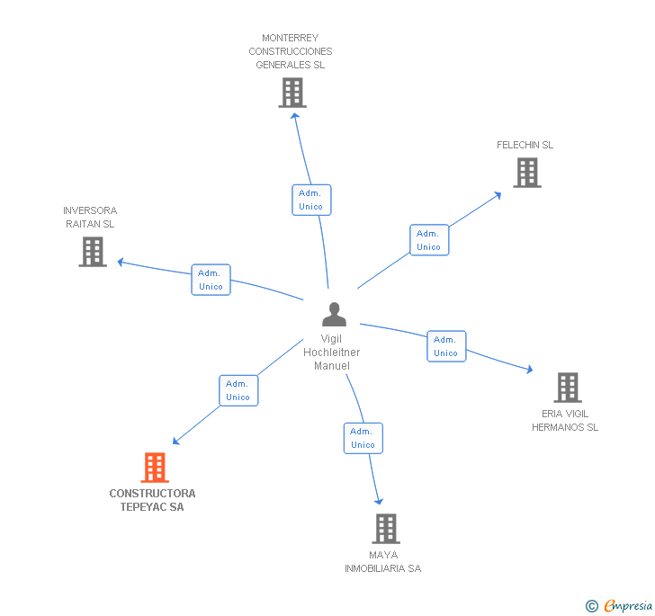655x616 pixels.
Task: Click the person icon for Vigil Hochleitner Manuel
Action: click(x=334, y=315)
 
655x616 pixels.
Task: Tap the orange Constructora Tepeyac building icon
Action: click(x=155, y=468)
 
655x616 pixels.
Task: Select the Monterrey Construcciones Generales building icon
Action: click(x=292, y=93)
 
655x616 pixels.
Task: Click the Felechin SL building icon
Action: click(x=527, y=173)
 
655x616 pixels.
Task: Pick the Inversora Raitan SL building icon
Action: click(x=93, y=252)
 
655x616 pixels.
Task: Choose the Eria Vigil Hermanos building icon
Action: click(x=567, y=388)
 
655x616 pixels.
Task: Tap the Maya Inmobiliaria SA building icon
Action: click(x=385, y=529)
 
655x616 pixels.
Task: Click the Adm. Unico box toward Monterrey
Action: click(x=311, y=200)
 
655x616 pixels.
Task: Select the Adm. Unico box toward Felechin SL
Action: click(x=429, y=240)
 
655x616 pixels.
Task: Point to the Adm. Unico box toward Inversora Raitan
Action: click(x=211, y=280)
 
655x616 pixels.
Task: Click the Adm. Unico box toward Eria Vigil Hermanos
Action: click(x=446, y=346)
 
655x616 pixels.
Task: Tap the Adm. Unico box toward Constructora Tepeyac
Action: click(x=238, y=390)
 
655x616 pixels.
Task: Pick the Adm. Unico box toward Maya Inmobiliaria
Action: click(x=363, y=438)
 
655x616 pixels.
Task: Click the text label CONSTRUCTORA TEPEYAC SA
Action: click(x=152, y=500)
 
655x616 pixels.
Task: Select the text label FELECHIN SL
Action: click(x=525, y=145)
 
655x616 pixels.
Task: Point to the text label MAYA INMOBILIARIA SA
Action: click(x=383, y=561)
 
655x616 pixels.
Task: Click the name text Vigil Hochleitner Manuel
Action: click(x=332, y=353)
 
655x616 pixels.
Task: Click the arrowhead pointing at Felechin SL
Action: click(x=498, y=193)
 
